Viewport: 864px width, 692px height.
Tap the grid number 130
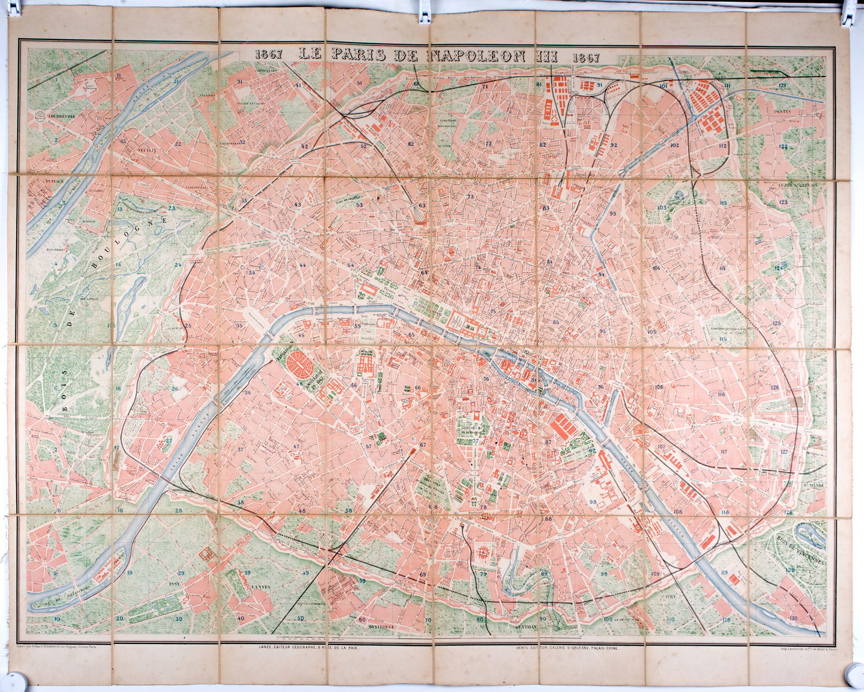click(792, 618)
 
